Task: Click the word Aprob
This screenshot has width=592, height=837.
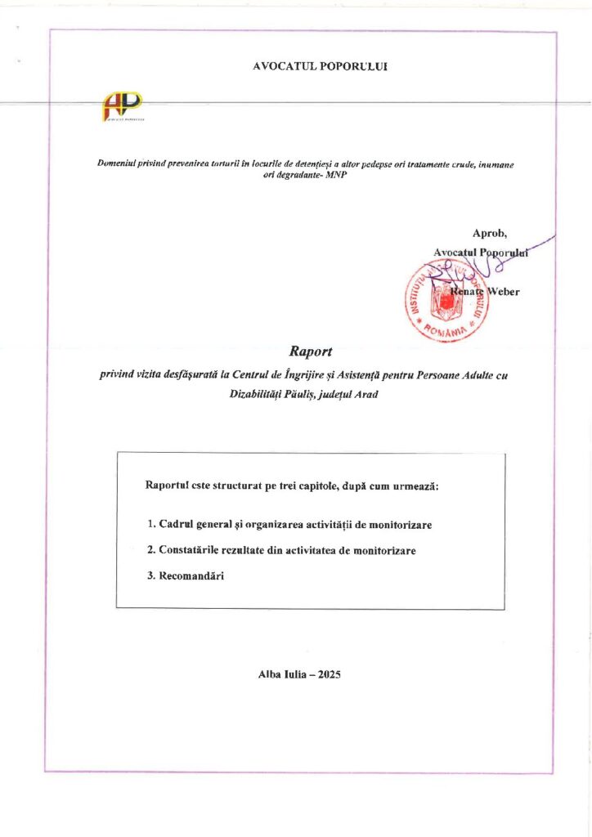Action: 490,235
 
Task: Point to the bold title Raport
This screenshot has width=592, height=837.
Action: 307,352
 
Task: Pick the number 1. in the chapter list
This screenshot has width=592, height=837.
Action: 151,524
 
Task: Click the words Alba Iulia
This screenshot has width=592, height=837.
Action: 281,674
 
